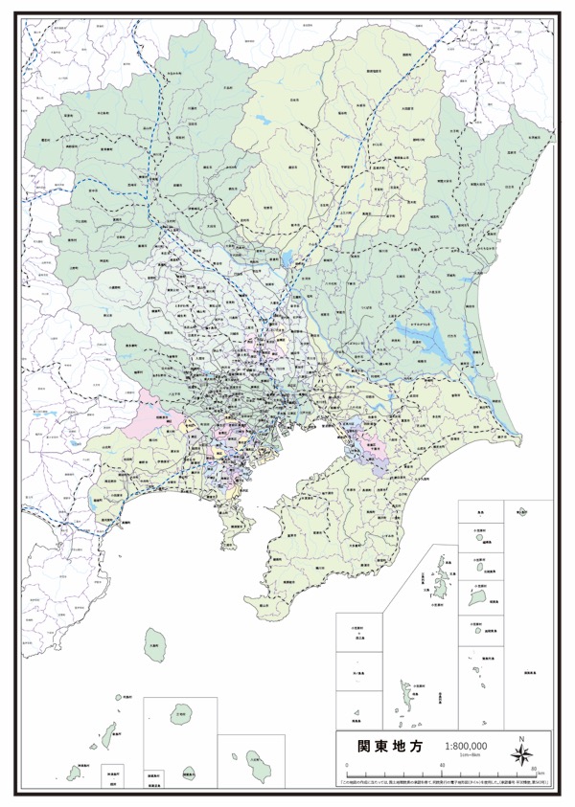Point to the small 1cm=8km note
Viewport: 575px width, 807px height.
(x=468, y=756)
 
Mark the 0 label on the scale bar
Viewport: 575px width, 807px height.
(x=342, y=768)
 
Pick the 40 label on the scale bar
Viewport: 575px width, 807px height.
(x=442, y=768)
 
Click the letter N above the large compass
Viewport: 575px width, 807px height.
(x=520, y=738)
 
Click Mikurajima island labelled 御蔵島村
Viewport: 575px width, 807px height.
(x=189, y=771)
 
